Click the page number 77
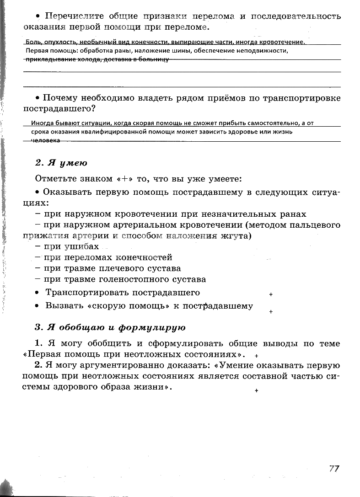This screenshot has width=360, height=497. pyautogui.click(x=334, y=469)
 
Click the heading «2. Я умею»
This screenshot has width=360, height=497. pyautogui.click(x=61, y=163)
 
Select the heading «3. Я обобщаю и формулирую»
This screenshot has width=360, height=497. pyautogui.click(x=110, y=327)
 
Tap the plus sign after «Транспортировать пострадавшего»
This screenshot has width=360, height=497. pyautogui.click(x=271, y=295)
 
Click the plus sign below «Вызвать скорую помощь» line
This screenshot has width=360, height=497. pyautogui.click(x=271, y=312)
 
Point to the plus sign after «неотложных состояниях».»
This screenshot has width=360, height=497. pyautogui.click(x=257, y=356)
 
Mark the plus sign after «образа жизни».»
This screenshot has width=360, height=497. pyautogui.click(x=257, y=390)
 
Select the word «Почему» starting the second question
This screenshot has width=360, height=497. pyautogui.click(x=60, y=98)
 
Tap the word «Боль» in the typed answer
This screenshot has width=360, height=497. pyautogui.click(x=32, y=42)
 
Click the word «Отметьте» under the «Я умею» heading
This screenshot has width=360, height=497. pyautogui.click(x=57, y=178)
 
